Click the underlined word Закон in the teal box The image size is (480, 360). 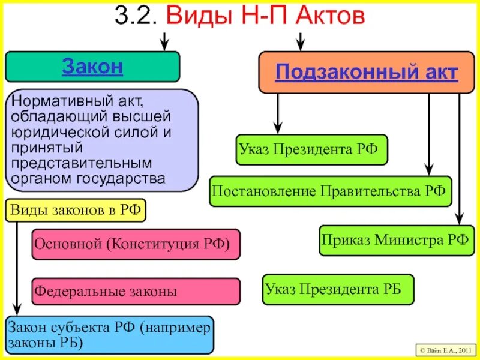92,67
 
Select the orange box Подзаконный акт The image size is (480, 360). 366,73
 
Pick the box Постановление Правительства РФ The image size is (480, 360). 331,191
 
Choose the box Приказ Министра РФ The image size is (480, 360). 395,240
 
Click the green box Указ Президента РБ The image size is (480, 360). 339,289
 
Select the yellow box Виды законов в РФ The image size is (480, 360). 76,211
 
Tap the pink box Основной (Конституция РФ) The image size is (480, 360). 136,244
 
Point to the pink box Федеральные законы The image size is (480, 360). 136,292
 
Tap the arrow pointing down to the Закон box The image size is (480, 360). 164,43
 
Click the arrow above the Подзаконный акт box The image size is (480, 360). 301,42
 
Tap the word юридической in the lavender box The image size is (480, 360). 58,131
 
